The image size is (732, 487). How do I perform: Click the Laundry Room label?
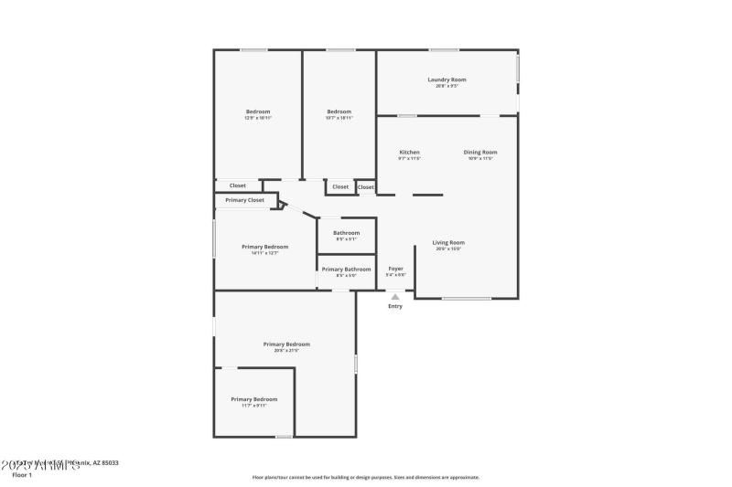tap(447, 79)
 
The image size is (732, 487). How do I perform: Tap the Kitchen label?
tap(409, 152)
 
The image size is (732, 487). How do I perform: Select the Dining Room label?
tap(480, 152)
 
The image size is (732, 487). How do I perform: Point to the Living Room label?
tap(448, 242)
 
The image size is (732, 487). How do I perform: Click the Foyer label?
tap(395, 269)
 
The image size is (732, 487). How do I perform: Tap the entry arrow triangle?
tap(395, 296)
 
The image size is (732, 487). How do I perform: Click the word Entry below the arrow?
tap(395, 306)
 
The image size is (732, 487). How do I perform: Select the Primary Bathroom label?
tap(346, 269)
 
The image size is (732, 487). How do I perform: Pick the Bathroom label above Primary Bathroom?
tap(346, 232)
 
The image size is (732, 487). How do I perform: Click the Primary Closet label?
tap(244, 199)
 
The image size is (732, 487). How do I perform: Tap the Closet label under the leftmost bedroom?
tap(237, 185)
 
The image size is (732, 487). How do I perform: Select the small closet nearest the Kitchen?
tap(365, 186)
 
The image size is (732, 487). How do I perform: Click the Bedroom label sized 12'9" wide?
tap(258, 111)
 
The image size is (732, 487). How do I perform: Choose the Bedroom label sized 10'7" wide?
tap(339, 111)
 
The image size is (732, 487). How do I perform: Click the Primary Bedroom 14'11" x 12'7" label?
tap(264, 247)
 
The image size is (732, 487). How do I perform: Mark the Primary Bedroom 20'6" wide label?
tap(286, 344)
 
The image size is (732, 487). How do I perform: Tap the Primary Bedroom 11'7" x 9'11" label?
tap(254, 399)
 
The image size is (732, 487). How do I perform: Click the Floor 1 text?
tap(21, 475)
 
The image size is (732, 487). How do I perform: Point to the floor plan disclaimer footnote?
tap(365, 477)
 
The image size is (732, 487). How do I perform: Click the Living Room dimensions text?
tap(448, 249)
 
